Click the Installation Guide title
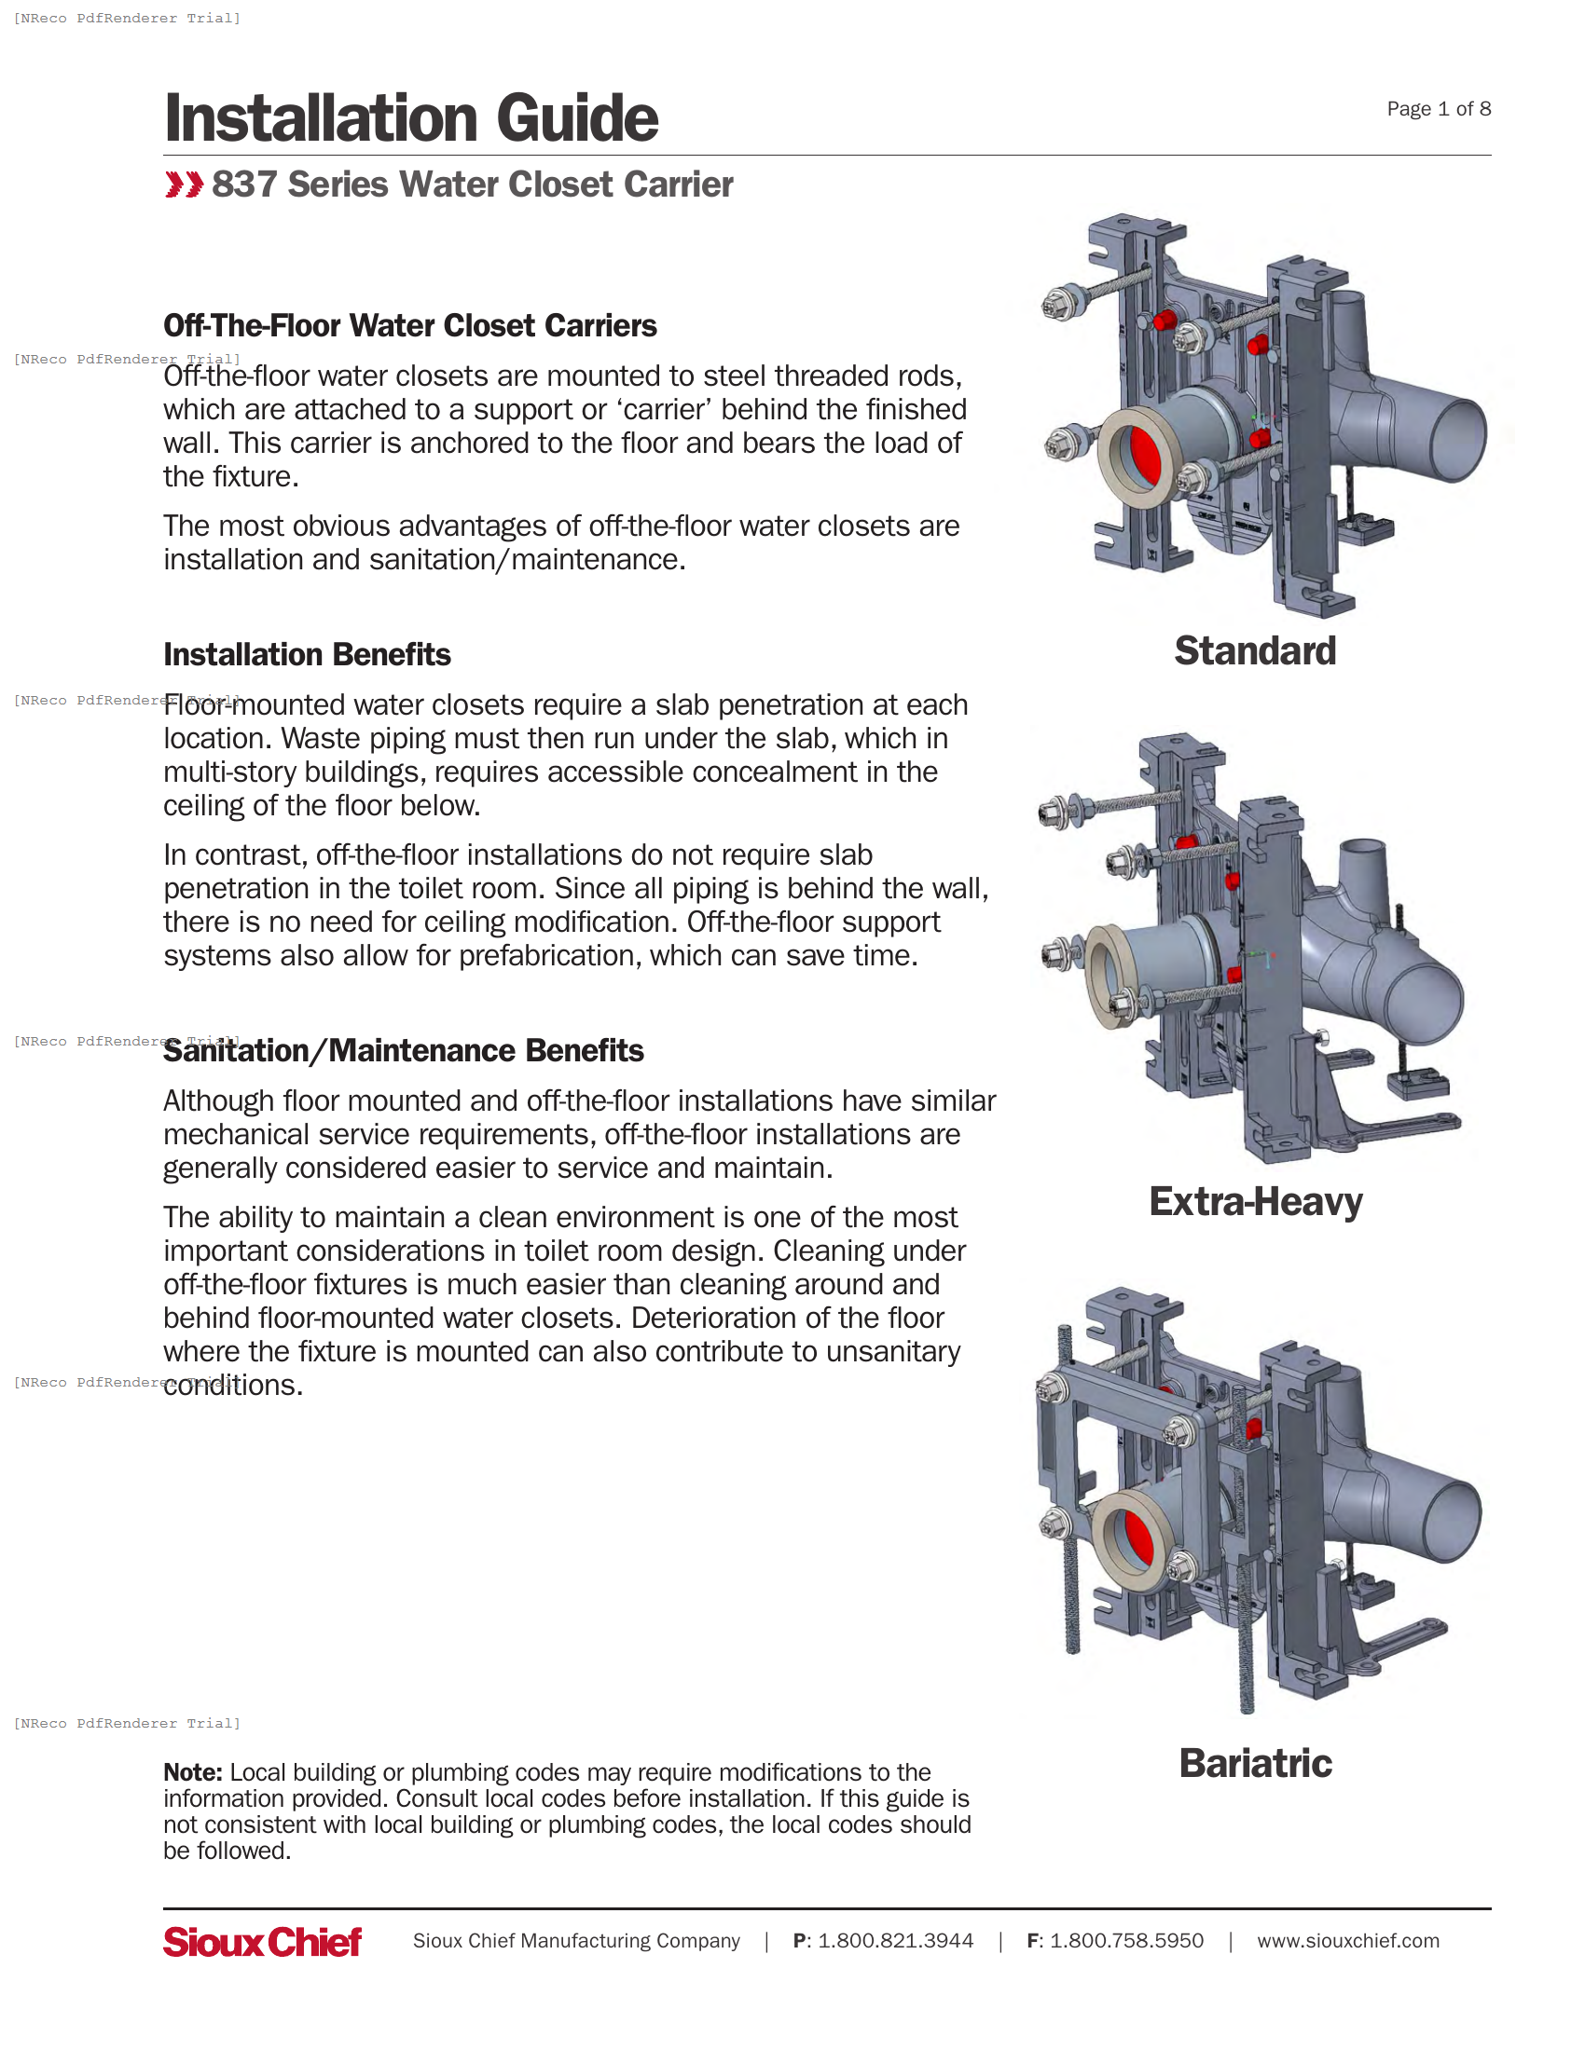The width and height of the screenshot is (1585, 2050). tap(410, 118)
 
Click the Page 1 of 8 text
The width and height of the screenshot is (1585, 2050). tap(1438, 109)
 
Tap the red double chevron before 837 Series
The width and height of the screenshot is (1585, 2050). tap(183, 184)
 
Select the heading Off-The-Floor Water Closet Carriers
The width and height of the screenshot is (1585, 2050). tap(409, 326)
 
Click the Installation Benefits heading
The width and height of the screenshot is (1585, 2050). tap(306, 654)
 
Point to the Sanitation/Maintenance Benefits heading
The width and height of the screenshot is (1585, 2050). tap(403, 1050)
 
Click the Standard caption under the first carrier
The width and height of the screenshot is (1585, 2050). tap(1254, 650)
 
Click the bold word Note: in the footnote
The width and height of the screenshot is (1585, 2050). tap(192, 1772)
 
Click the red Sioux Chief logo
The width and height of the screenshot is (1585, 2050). tap(262, 1941)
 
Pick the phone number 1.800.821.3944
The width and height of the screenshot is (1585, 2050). tap(895, 1941)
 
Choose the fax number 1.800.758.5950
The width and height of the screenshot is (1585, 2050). tap(1126, 1941)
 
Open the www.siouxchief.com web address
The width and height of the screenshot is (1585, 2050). tap(1347, 1941)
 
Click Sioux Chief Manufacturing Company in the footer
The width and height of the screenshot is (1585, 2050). tap(575, 1941)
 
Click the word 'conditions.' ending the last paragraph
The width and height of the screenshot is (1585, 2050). tap(233, 1386)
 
